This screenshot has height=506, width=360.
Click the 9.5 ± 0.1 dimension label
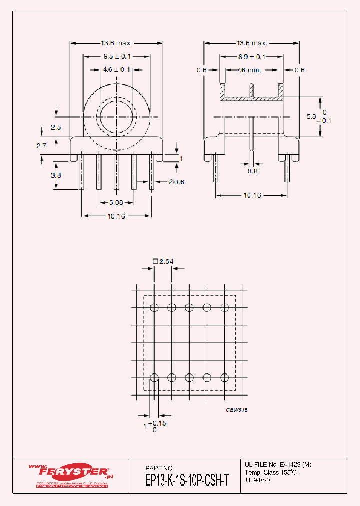116,56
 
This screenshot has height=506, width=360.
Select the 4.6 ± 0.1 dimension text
116,69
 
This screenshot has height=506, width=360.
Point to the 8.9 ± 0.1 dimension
251,56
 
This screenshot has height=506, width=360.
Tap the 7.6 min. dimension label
249,70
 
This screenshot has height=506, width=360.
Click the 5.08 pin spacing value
116,202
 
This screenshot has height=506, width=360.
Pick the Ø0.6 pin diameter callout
176,182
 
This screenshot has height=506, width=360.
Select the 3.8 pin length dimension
56,175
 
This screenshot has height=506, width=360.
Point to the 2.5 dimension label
56,127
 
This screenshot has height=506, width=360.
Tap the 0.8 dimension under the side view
252,171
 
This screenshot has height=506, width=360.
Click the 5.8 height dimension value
311,116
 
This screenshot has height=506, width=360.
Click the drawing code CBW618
236,410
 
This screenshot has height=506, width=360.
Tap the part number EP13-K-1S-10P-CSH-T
187,480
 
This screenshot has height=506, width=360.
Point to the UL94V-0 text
258,480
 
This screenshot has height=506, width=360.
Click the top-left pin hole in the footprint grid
154,307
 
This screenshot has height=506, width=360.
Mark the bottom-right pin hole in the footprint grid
224,377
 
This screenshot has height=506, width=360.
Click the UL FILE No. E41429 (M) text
278,464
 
